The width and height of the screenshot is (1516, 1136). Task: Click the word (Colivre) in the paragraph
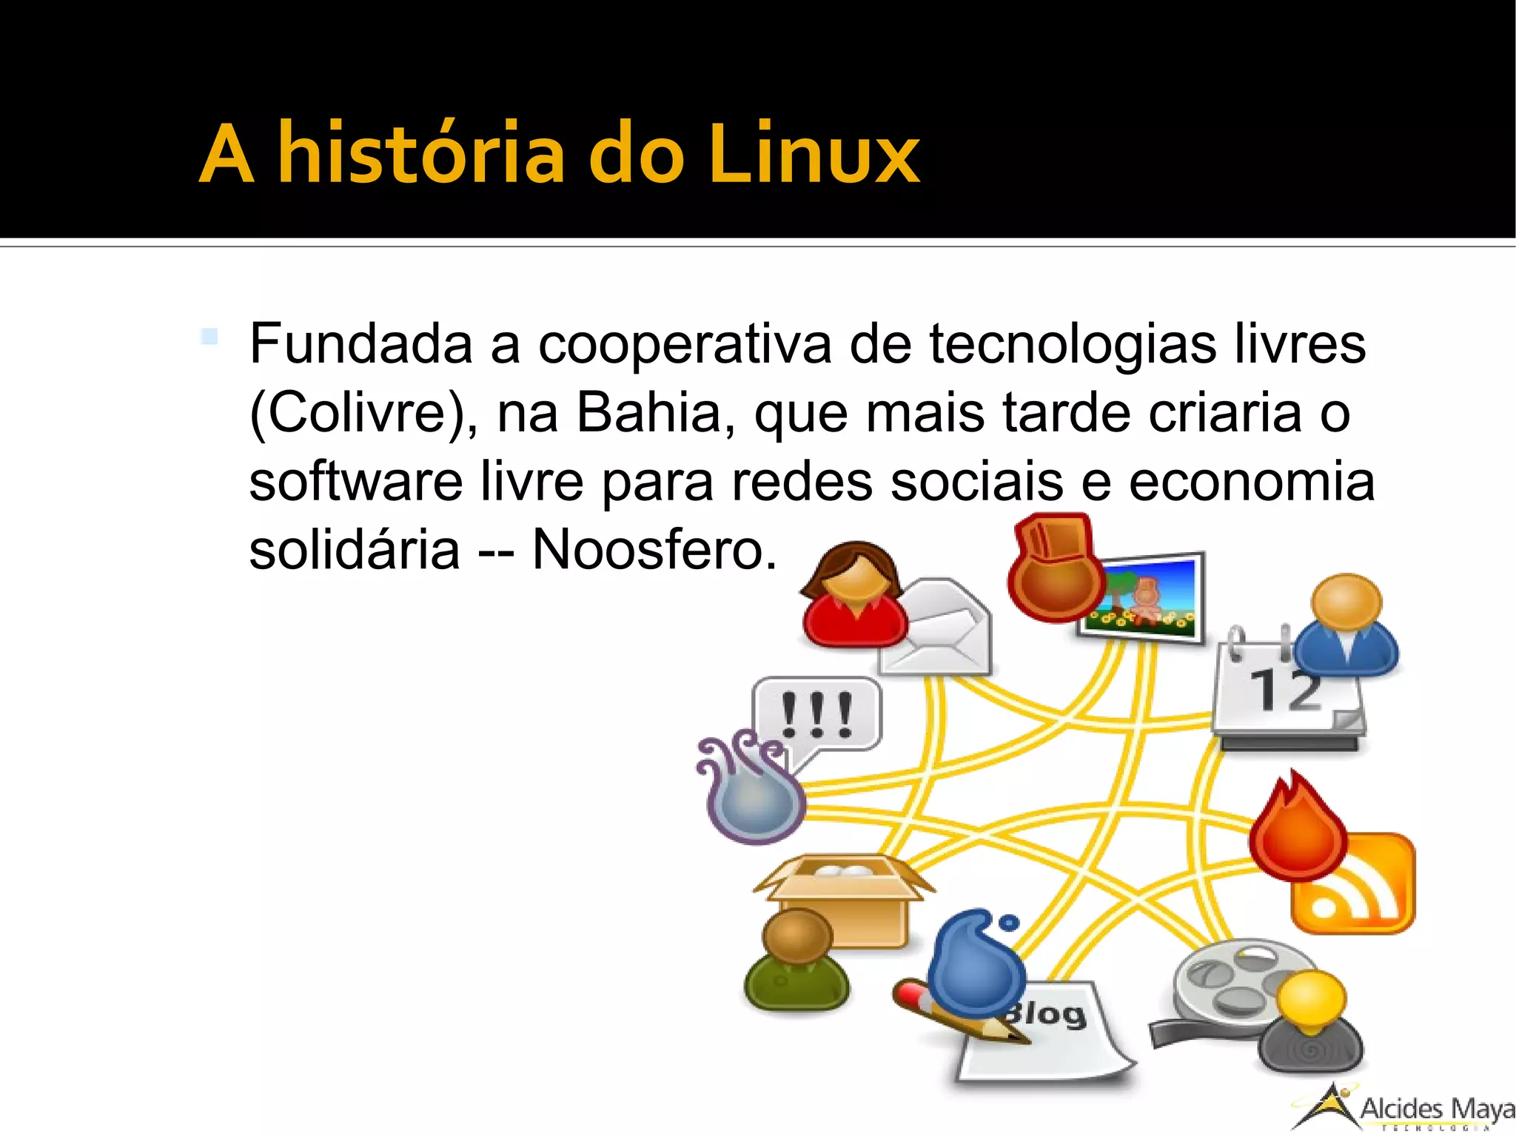pos(363,413)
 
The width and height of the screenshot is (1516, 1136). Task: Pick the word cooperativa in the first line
pos(684,345)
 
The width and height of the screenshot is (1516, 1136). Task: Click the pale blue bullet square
pos(209,337)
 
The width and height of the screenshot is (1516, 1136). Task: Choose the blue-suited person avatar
pos(1347,625)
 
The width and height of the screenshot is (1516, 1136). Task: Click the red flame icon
pos(1297,829)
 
